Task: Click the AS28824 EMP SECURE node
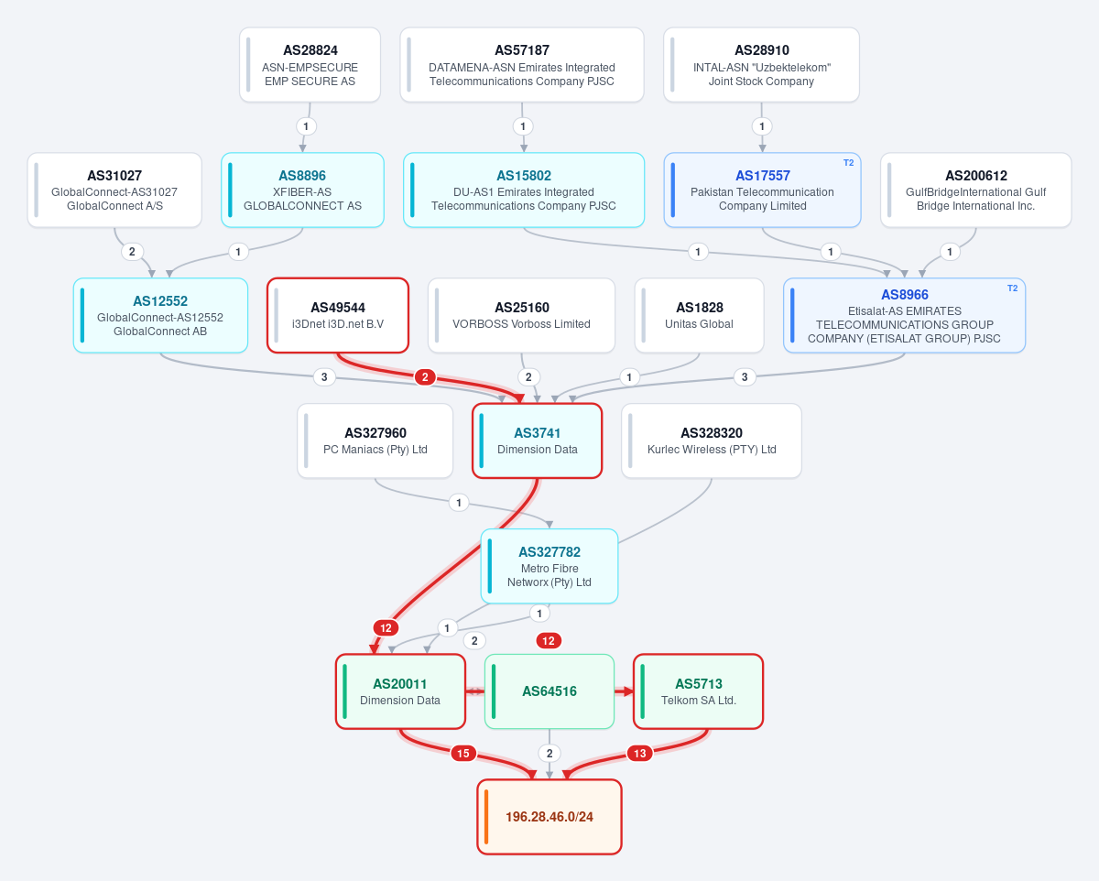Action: click(310, 65)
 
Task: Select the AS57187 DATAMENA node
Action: click(522, 65)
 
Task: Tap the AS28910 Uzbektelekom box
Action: click(761, 65)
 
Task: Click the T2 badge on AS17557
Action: click(848, 163)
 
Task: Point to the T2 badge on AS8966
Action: click(1012, 288)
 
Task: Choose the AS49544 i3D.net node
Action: click(338, 315)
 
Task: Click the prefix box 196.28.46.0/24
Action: click(549, 817)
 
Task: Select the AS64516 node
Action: click(549, 691)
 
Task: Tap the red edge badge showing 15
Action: click(463, 754)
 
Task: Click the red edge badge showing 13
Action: click(640, 754)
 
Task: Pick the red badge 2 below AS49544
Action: click(425, 377)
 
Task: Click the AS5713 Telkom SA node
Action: click(699, 691)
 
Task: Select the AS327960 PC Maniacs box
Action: click(375, 440)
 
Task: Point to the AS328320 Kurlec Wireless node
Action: click(712, 440)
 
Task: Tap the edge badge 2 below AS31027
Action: click(132, 252)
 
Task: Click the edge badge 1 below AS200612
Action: click(950, 252)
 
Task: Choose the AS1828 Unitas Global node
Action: click(699, 315)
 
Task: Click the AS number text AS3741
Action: click(538, 433)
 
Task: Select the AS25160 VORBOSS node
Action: click(521, 315)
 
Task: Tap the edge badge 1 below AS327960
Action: click(459, 503)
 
